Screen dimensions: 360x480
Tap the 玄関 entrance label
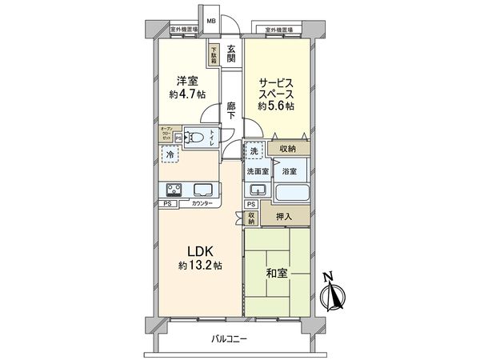[230, 54]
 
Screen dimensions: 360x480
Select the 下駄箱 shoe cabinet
[214, 54]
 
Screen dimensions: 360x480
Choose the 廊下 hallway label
[230, 110]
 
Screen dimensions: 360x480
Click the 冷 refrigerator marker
[170, 156]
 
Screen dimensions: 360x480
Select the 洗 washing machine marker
[253, 151]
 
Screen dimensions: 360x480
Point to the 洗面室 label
[258, 171]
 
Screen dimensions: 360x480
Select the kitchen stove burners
[173, 190]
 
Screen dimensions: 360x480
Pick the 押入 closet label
[282, 215]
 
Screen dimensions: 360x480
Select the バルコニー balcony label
[230, 339]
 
